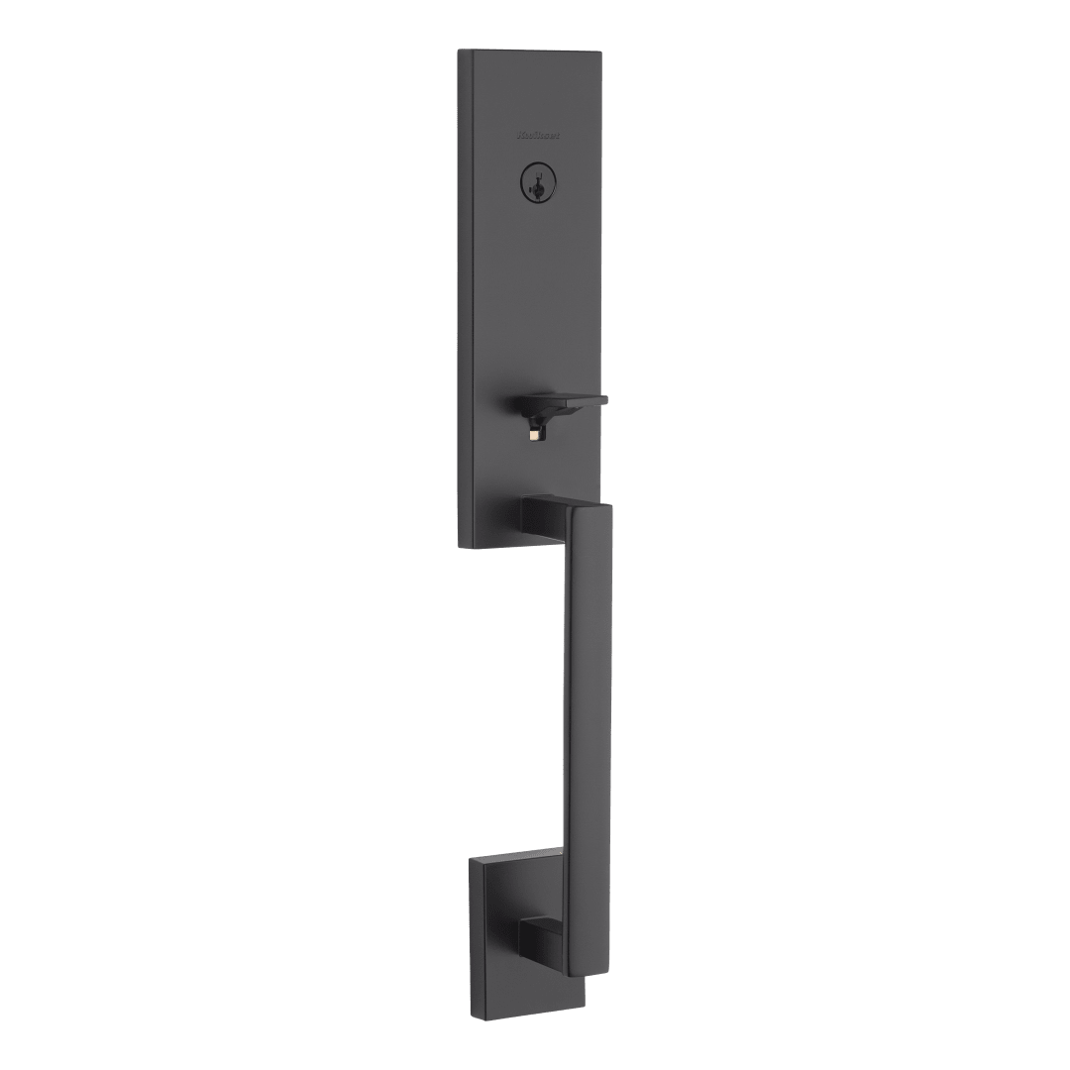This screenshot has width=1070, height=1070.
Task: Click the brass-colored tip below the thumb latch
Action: [x=535, y=434]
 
